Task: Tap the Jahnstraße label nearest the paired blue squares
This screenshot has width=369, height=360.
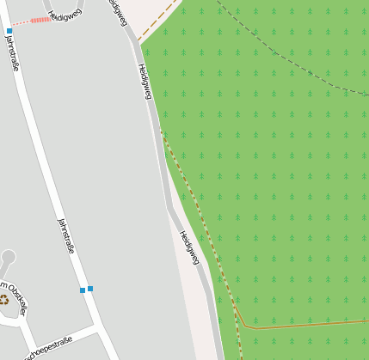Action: [x=66, y=235]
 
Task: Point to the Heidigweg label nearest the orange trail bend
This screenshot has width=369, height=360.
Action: [x=189, y=247]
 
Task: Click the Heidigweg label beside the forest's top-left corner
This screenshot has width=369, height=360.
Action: [x=144, y=82]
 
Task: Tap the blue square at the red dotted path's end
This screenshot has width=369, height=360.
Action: [x=9, y=31]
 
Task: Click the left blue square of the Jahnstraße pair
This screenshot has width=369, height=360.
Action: [x=83, y=290]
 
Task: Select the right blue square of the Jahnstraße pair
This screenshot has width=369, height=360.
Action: [x=90, y=289]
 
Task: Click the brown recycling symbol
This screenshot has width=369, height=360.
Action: [x=4, y=299]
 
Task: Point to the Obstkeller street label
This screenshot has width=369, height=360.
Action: [x=14, y=297]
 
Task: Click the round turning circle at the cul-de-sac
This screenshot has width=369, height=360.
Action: [x=9, y=256]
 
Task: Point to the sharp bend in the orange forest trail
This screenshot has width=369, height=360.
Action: [x=244, y=326]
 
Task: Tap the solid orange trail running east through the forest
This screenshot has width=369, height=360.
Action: [x=310, y=324]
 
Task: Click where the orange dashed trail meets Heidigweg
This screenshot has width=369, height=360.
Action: [x=162, y=131]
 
